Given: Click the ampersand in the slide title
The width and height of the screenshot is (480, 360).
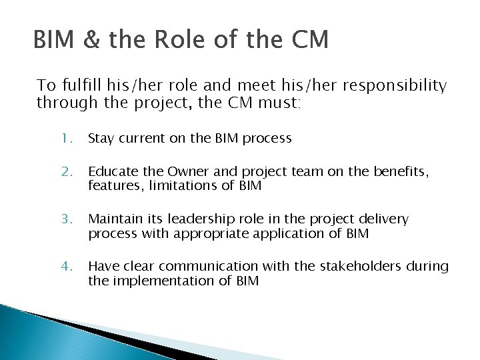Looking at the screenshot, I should coord(88,40).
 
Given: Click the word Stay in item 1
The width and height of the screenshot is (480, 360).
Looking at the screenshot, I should coord(101,139).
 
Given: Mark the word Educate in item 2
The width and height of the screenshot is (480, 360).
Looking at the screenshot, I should coord(111,173).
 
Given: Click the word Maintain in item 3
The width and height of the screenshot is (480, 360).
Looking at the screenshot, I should coord(114,219).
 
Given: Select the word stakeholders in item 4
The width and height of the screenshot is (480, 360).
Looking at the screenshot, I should coord(365,267).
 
